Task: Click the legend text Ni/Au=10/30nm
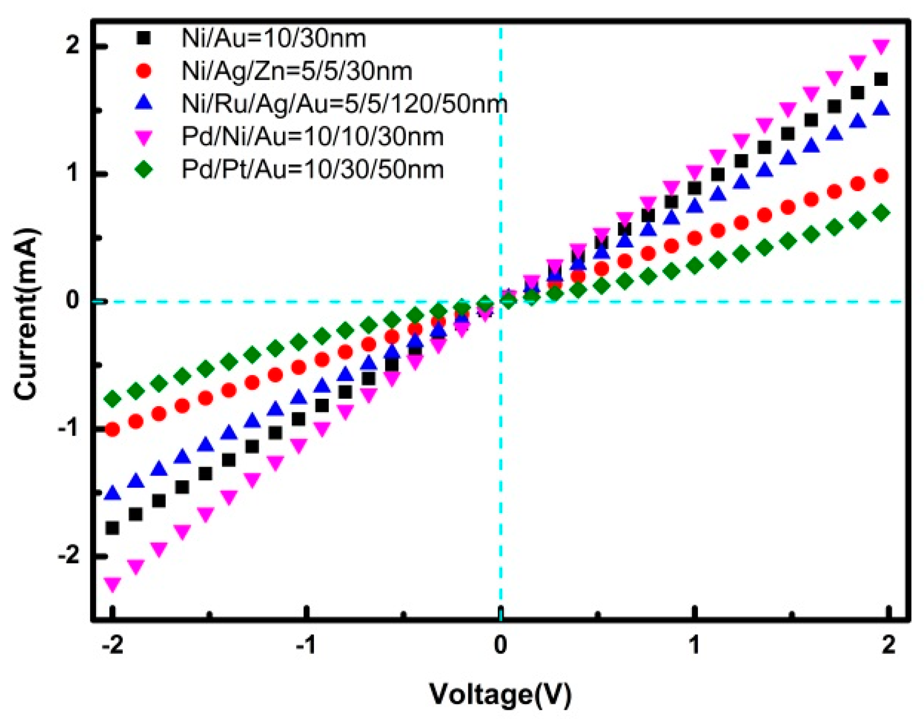(x=273, y=38)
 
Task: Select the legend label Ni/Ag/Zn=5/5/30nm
(x=297, y=71)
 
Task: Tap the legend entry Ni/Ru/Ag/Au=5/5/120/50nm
(x=345, y=104)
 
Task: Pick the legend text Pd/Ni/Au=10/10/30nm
(x=313, y=137)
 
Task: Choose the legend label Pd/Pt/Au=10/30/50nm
(x=313, y=170)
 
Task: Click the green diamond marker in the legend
(x=144, y=170)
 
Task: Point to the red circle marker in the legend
(x=144, y=71)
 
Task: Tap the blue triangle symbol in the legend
(x=144, y=103)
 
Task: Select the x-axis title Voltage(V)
(x=500, y=694)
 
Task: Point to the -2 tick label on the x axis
(x=112, y=646)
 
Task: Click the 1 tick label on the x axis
(x=694, y=646)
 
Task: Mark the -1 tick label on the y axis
(x=68, y=428)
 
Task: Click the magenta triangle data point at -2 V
(x=112, y=584)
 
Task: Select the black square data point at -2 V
(x=112, y=528)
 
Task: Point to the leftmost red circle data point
(x=112, y=429)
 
